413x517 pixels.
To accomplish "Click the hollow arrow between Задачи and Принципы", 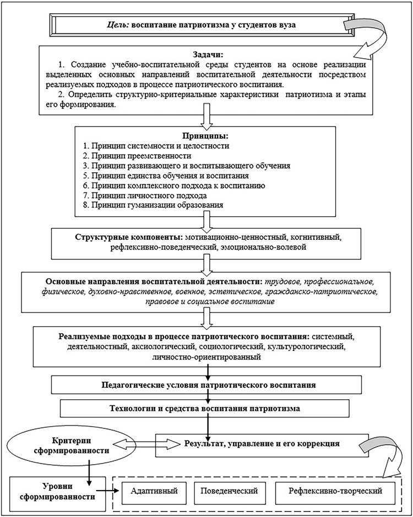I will (207, 117).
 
